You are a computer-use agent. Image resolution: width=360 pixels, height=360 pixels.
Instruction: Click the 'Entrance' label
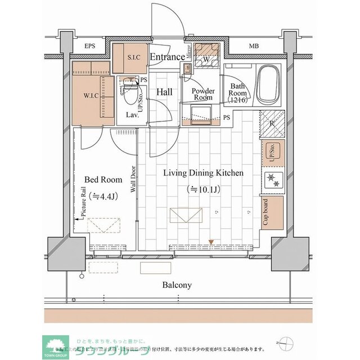(167, 57)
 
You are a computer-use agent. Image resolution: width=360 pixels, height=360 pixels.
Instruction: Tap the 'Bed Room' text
(103, 180)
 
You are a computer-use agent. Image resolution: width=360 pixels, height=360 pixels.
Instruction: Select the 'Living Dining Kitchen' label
(203, 173)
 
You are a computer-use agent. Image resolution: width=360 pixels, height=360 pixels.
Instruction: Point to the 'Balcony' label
(177, 285)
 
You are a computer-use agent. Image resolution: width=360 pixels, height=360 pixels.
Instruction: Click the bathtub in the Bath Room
(268, 85)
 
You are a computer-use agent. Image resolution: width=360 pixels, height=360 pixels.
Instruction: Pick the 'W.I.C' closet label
(92, 95)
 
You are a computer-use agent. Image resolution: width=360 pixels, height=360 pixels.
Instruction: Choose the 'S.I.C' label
(133, 57)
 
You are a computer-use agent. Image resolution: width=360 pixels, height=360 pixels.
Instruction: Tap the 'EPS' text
(89, 46)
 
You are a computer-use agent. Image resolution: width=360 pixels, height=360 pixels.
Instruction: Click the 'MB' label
(254, 46)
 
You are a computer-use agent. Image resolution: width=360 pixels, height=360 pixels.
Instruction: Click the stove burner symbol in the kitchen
(273, 181)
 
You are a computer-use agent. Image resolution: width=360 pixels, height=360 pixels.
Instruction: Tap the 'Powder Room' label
(202, 94)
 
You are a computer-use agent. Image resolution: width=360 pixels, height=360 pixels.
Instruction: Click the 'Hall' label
(164, 92)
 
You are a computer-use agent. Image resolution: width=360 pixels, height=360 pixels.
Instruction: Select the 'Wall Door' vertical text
(134, 179)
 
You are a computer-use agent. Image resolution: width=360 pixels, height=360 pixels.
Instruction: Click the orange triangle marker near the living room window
(211, 242)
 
